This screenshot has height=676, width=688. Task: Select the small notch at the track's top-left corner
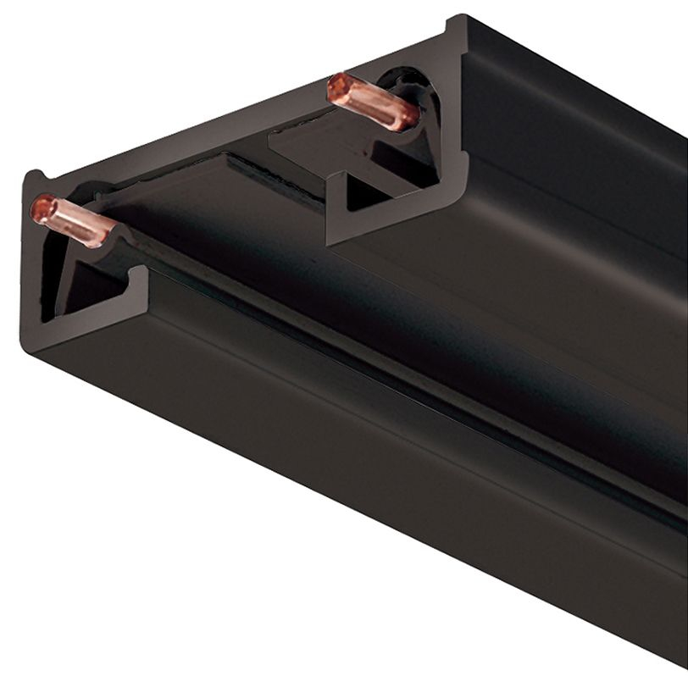(35, 177)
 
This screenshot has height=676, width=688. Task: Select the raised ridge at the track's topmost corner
(458, 22)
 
